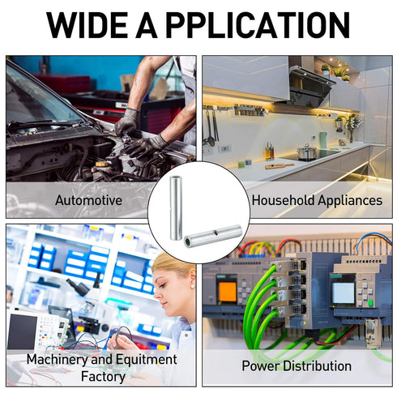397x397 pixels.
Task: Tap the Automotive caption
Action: (x=88, y=200)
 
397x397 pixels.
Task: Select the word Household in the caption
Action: (x=284, y=200)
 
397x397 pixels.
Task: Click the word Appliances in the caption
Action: (x=350, y=201)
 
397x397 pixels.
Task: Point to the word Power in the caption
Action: (x=260, y=366)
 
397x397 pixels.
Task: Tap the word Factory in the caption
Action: (x=103, y=377)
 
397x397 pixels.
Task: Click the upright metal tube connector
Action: (x=176, y=208)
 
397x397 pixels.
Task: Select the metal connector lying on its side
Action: (x=213, y=236)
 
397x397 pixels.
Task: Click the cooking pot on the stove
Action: (x=306, y=152)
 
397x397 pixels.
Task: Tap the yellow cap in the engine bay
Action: (x=102, y=164)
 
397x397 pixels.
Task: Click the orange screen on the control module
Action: (x=228, y=292)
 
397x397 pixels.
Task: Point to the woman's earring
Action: (x=192, y=286)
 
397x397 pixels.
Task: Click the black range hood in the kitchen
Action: (x=309, y=87)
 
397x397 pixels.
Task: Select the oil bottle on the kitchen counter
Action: (x=269, y=152)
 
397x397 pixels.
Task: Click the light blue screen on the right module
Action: (x=343, y=293)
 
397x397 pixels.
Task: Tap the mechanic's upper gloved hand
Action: (x=126, y=123)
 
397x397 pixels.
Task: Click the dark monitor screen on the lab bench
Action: (x=22, y=332)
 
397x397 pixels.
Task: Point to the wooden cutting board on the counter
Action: (x=280, y=166)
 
